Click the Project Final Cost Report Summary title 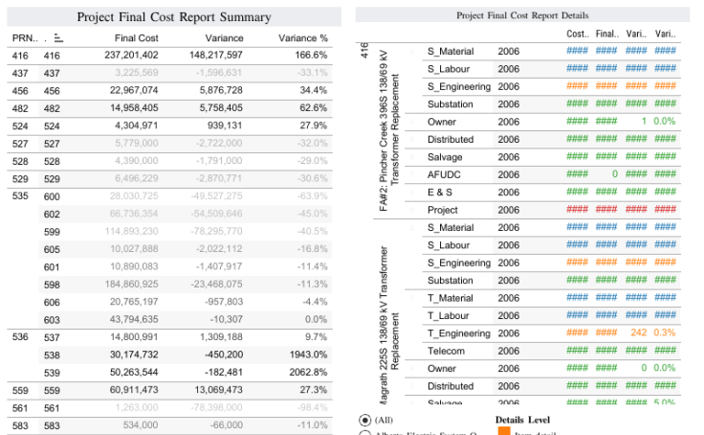pyautogui.click(x=174, y=17)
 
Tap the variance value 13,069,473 pyautogui.click(x=215, y=390)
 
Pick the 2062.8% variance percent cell pyautogui.click(x=306, y=373)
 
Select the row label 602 pyautogui.click(x=52, y=215)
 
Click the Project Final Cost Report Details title pyautogui.click(x=522, y=15)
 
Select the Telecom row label pyautogui.click(x=446, y=351)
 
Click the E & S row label pyautogui.click(x=441, y=192)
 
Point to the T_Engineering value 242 pyautogui.click(x=639, y=332)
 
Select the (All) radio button pyautogui.click(x=365, y=420)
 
